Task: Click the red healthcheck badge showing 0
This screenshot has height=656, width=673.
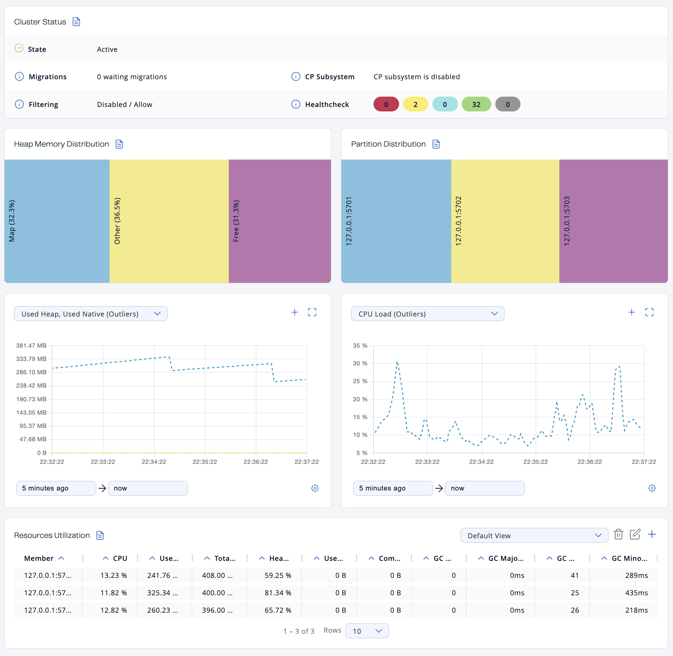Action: (386, 104)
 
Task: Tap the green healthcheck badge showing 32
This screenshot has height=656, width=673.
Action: (476, 104)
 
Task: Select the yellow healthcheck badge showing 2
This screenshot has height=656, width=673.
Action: (415, 104)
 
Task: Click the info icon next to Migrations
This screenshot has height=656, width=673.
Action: (19, 77)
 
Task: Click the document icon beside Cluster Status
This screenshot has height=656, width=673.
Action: (76, 22)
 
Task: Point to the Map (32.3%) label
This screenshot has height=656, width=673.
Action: (12, 221)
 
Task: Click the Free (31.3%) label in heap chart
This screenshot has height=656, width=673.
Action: (236, 221)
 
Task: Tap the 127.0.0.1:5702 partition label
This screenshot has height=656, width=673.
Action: (458, 221)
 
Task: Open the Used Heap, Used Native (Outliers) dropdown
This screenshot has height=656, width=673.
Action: (91, 314)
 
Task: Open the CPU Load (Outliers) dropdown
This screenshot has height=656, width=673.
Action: (428, 314)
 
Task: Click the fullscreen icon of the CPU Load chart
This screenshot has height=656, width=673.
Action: (649, 312)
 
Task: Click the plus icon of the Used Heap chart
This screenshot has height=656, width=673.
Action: (295, 312)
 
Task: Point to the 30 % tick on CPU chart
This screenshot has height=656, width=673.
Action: (360, 364)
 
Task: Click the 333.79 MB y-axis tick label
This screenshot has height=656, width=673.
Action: (31, 359)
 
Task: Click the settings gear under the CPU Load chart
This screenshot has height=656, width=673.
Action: (652, 488)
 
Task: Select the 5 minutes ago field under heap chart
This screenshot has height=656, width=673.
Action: (56, 488)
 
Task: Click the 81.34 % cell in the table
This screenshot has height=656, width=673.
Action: (278, 593)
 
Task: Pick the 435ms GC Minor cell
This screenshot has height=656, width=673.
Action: (636, 593)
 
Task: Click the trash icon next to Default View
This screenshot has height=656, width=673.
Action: (618, 535)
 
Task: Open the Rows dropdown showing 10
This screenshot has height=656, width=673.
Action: (367, 631)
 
